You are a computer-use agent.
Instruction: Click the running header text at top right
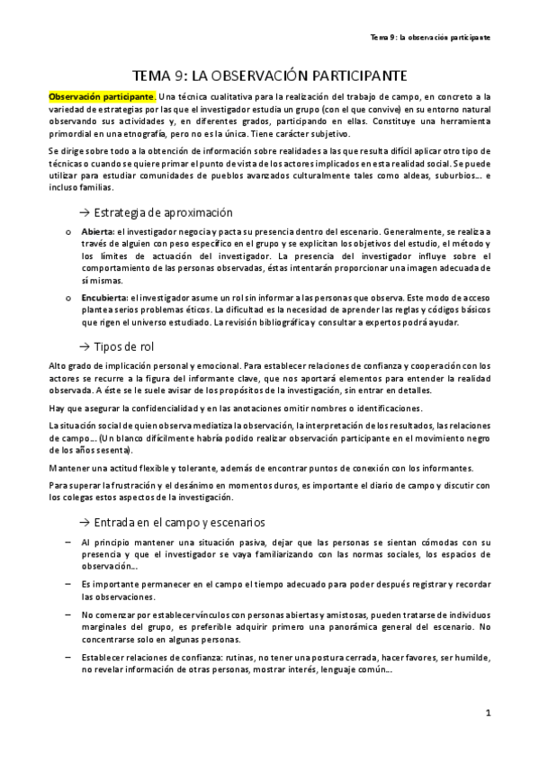(430, 36)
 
